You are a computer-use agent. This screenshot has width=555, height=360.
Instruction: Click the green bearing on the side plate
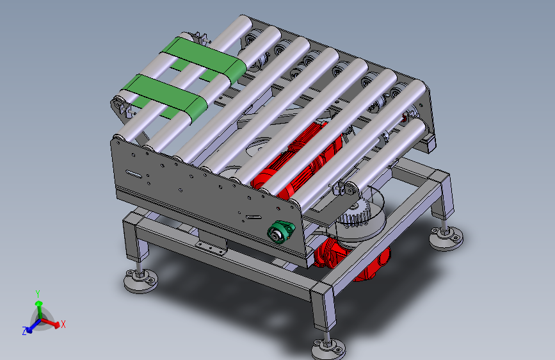coord(280,232)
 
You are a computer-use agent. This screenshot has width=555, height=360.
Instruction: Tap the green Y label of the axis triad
coord(38,293)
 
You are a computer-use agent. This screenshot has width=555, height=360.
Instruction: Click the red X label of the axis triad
coord(63,324)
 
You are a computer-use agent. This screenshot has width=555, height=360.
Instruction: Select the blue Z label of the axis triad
coord(24,331)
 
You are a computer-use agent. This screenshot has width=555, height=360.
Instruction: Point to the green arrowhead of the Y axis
coord(38,304)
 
